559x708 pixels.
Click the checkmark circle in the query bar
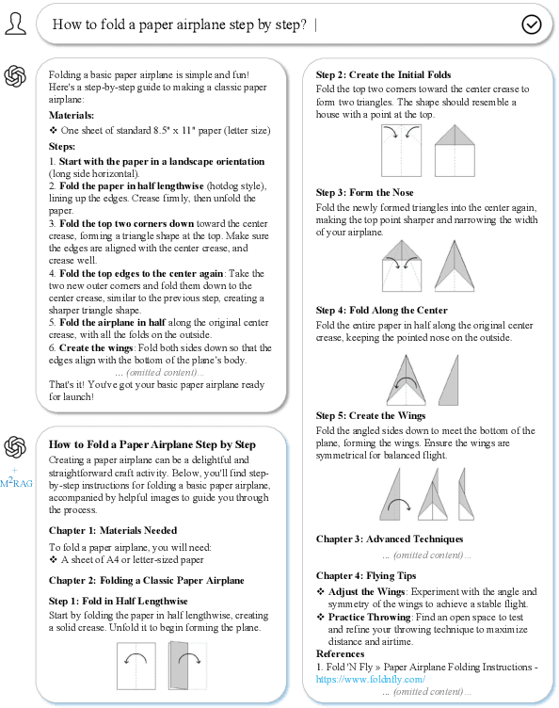point(532,24)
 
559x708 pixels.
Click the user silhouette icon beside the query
point(15,24)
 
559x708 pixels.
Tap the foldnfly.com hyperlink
point(371,679)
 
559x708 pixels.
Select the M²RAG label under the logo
point(16,483)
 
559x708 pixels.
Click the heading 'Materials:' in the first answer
point(72,115)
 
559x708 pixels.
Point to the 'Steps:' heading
point(62,146)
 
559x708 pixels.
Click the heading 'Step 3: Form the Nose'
point(364,192)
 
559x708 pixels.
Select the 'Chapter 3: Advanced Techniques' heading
point(390,539)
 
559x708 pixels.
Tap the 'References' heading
point(340,653)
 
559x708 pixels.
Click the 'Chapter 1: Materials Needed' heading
point(113,530)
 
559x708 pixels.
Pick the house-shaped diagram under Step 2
point(455,151)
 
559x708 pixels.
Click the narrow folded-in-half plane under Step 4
point(449,380)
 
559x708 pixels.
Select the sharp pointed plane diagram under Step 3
point(455,265)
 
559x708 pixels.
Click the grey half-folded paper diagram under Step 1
point(179,666)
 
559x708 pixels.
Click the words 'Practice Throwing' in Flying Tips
point(369,617)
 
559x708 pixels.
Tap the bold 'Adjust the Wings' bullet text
point(366,591)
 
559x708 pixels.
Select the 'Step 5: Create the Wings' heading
point(371,415)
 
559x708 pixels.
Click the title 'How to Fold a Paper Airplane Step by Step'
point(152,444)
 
